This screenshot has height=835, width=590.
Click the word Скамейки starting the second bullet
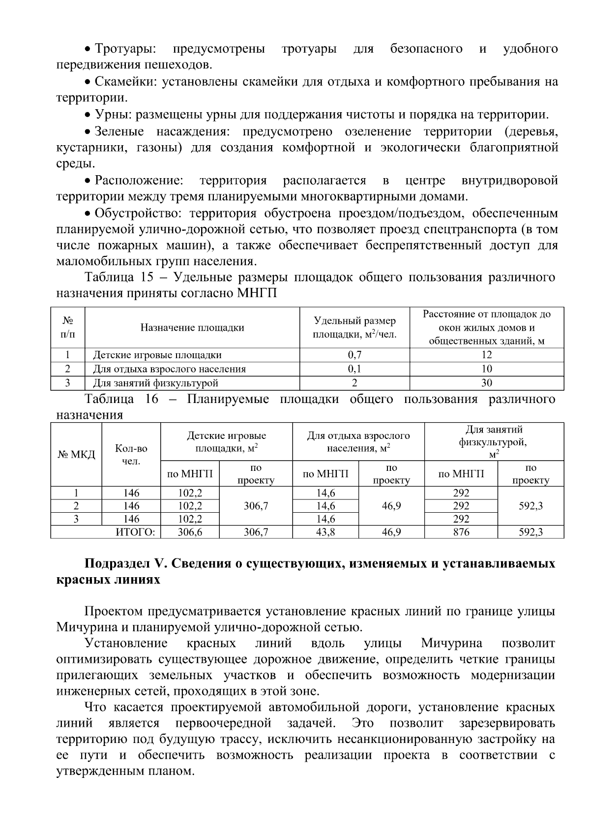[x=124, y=82]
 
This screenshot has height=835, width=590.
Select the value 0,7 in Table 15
[x=354, y=355]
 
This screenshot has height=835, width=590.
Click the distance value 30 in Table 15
[x=487, y=383]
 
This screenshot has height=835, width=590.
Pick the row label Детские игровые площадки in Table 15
[x=157, y=355]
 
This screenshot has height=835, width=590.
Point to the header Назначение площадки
[x=192, y=328]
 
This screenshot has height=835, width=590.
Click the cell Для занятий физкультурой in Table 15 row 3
[x=156, y=383]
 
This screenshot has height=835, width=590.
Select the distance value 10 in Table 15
[x=487, y=369]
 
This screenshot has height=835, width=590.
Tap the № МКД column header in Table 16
[x=76, y=455]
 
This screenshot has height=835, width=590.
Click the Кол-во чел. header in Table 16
[x=131, y=455]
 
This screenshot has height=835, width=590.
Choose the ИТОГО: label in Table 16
[x=135, y=532]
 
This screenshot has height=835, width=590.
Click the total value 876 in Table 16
[x=461, y=532]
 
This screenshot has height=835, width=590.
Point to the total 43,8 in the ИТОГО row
[x=325, y=532]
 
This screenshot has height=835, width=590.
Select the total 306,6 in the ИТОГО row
[x=190, y=532]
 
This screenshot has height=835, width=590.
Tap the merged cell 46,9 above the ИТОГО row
[x=391, y=506]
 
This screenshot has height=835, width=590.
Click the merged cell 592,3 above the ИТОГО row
[x=531, y=506]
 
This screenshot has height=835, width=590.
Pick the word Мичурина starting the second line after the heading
[x=80, y=627]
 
